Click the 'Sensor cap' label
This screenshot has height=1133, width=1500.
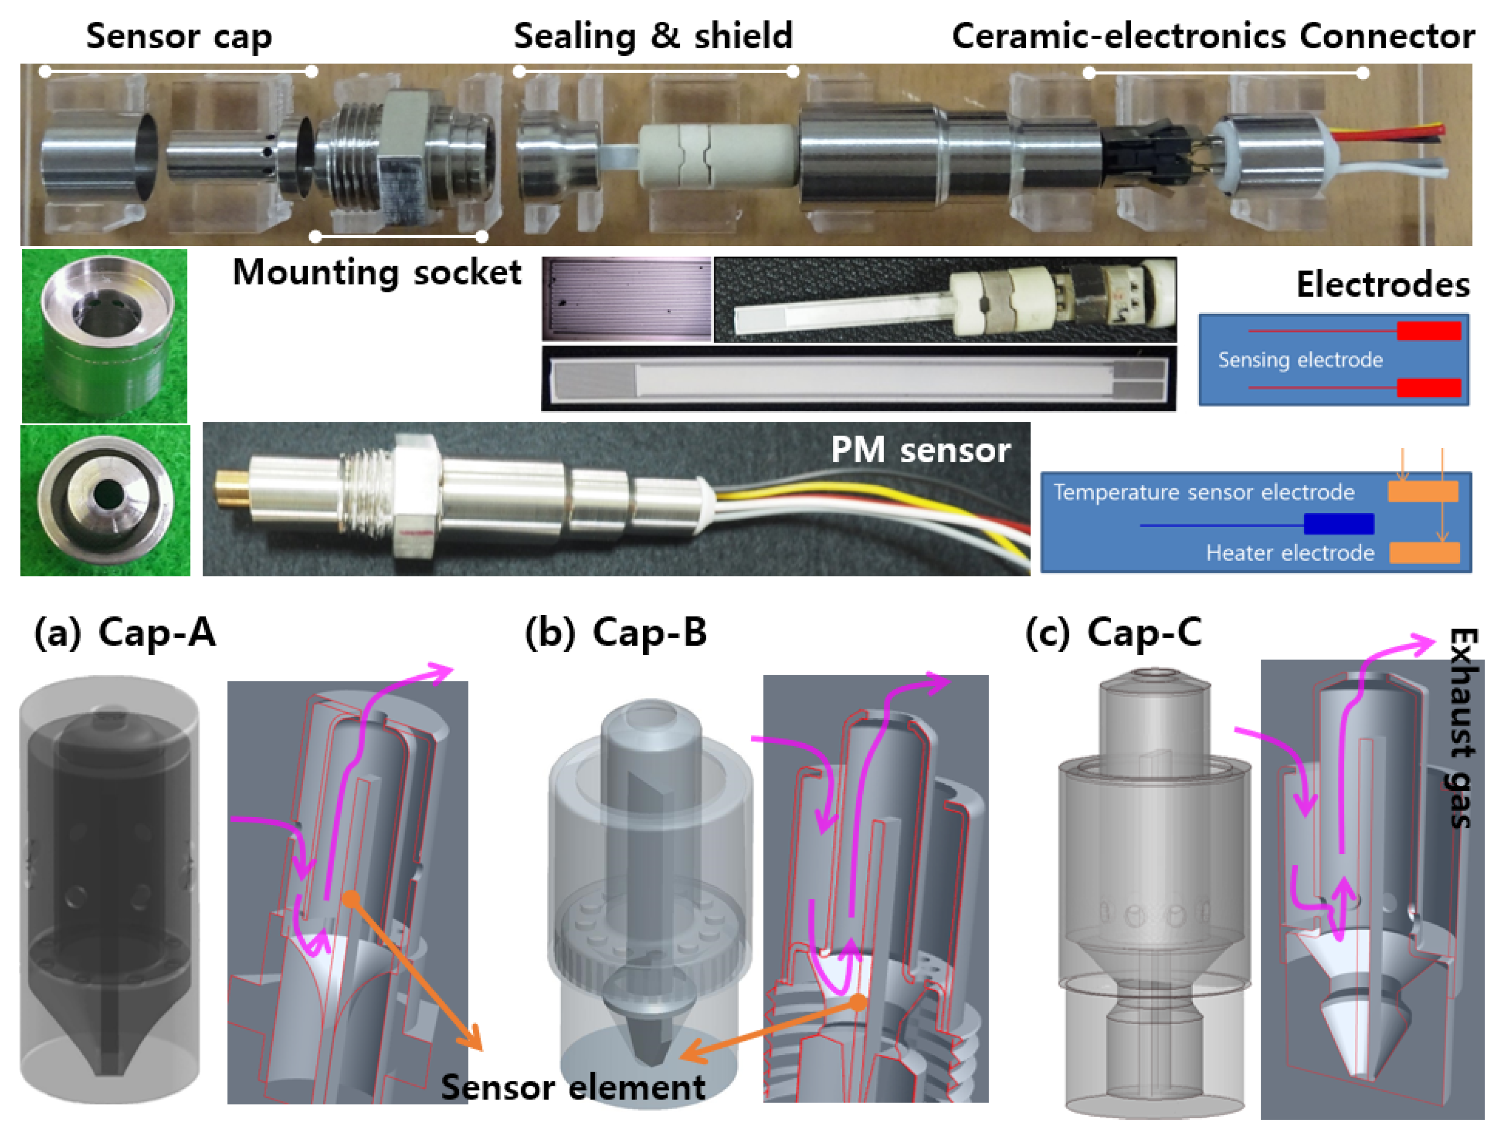[178, 36]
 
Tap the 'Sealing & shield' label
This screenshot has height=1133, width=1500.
[652, 36]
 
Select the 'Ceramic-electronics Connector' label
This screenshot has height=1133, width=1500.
[1213, 36]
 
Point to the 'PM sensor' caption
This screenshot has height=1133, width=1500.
[920, 450]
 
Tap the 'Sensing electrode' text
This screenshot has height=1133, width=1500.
[1300, 359]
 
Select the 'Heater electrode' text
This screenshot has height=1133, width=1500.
[1289, 553]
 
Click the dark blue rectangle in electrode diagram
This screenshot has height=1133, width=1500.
[1339, 524]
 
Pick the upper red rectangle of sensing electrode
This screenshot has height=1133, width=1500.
[1428, 331]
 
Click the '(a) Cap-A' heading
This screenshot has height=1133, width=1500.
[125, 633]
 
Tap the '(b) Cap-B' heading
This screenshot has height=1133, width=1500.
[616, 633]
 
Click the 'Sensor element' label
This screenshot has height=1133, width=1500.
[573, 1087]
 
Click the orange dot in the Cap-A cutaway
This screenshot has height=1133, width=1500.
[351, 899]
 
